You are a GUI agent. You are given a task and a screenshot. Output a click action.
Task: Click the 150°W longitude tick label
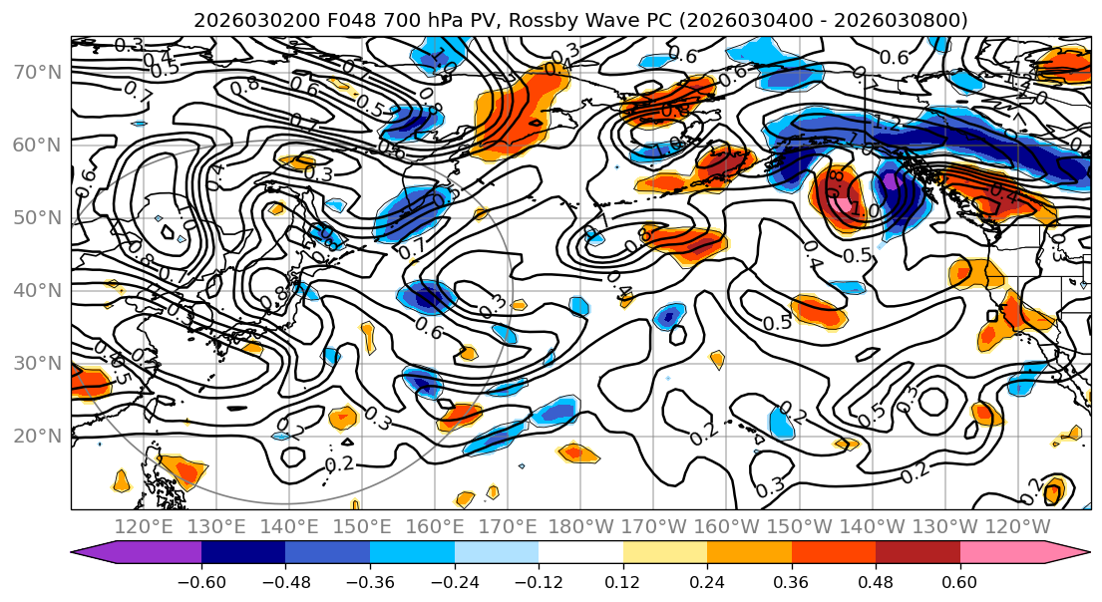pyautogui.click(x=800, y=526)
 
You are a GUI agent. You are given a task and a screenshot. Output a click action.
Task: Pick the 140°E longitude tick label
pyautogui.click(x=289, y=526)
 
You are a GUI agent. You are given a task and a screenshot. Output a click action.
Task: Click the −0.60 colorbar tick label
pyautogui.click(x=201, y=582)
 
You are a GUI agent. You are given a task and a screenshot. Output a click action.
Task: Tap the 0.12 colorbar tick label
pyautogui.click(x=623, y=582)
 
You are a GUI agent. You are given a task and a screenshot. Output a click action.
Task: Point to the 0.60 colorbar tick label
pyautogui.click(x=960, y=582)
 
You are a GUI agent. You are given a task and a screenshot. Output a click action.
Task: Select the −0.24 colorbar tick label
pyautogui.click(x=455, y=582)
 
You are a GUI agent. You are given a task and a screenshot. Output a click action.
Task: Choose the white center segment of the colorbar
pyautogui.click(x=580, y=554)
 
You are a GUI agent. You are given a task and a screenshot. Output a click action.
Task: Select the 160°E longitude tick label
pyautogui.click(x=435, y=526)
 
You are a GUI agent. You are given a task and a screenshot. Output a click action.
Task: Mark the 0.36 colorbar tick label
pyautogui.click(x=792, y=582)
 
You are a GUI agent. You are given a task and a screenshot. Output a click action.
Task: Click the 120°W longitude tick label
pyautogui.click(x=1018, y=526)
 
